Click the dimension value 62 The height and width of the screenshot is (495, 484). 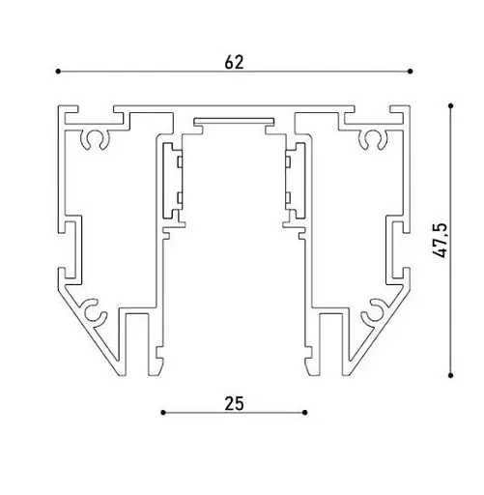pos(234,62)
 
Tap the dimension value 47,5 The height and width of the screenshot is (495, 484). pos(440,240)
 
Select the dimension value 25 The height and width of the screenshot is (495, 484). pos(234,403)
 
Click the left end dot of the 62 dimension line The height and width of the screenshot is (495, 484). pos(58,72)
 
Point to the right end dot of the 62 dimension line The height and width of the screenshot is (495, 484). pos(410,72)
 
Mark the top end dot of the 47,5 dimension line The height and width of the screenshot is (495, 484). pos(451,105)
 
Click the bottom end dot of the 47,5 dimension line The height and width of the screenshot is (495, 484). pos(451,375)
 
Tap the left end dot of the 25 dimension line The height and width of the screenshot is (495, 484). pos(163,413)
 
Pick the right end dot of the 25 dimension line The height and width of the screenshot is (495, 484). pos(305,413)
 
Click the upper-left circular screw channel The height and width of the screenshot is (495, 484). pos(88,139)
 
